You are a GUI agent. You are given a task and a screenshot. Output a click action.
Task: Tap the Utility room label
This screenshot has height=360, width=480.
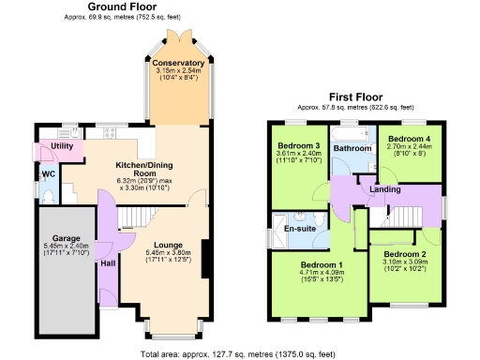tap(62, 147)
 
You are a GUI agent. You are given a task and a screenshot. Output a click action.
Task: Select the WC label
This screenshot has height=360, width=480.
tap(47, 174)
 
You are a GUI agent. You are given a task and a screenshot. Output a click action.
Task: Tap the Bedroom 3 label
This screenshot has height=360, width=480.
tap(298, 145)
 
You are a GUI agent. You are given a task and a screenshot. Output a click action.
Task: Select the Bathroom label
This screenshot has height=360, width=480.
tap(352, 148)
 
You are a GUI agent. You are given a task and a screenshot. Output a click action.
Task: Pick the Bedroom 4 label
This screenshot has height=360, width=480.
tap(410, 138)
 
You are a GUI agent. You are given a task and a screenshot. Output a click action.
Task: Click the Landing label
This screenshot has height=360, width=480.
tap(384, 190)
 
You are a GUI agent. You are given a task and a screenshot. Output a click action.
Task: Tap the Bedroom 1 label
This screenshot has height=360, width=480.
tap(322, 265)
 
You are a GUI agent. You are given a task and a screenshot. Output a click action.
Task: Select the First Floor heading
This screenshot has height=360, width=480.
tap(356, 97)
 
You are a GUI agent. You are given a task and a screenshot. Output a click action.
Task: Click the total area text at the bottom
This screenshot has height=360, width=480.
tap(239, 353)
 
